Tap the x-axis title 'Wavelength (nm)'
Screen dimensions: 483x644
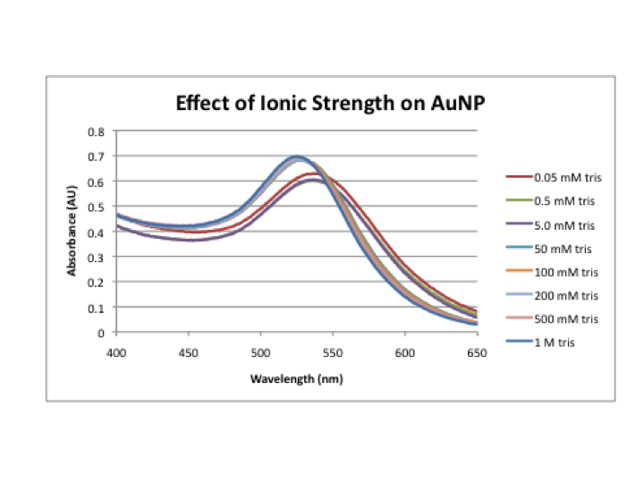click(296, 378)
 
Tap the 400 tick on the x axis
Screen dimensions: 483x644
click(115, 352)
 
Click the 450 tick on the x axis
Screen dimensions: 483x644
click(188, 352)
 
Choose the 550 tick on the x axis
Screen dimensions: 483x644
click(332, 352)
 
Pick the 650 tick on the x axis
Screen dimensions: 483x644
click(477, 352)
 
